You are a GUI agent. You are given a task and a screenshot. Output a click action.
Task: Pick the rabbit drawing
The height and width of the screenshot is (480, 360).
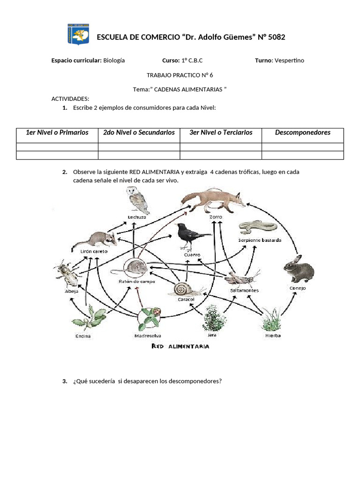click(x=298, y=270)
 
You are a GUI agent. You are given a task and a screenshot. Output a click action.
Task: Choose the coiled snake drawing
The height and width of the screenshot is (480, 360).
click(x=257, y=227)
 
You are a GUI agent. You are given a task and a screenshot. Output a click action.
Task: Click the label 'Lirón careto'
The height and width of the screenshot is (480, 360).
click(x=94, y=251)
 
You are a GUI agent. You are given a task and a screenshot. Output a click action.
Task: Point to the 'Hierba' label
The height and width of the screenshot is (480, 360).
click(x=273, y=336)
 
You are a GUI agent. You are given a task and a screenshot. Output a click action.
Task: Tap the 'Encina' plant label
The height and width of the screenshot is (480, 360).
click(x=82, y=336)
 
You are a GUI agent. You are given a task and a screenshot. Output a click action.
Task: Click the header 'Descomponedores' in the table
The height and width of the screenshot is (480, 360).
click(x=302, y=133)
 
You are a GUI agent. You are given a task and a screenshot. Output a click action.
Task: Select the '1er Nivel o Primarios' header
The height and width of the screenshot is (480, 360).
click(x=57, y=133)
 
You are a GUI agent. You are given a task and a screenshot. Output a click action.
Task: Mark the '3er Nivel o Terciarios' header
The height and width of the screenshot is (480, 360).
click(x=221, y=133)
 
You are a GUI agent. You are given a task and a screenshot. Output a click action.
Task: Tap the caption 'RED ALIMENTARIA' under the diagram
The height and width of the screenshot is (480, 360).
click(x=180, y=346)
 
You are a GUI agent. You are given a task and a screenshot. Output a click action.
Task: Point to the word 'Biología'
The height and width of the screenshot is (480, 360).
click(x=114, y=60)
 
